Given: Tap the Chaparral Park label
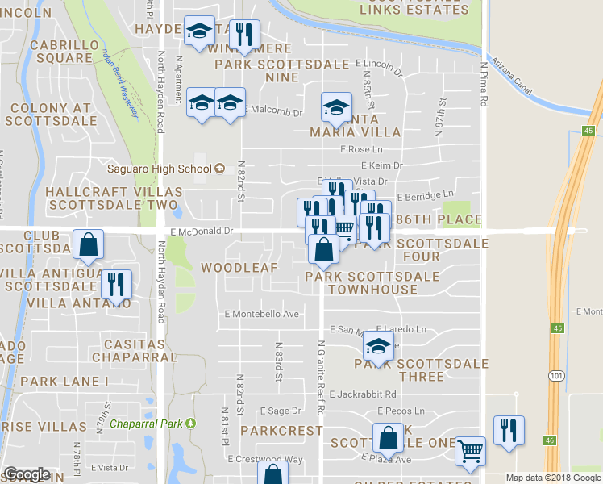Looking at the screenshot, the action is click(x=147, y=423).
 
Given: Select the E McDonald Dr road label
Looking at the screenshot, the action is click(x=202, y=231).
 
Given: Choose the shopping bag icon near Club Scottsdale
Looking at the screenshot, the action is click(x=88, y=244).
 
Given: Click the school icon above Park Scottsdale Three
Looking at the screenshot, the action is click(x=377, y=346).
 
